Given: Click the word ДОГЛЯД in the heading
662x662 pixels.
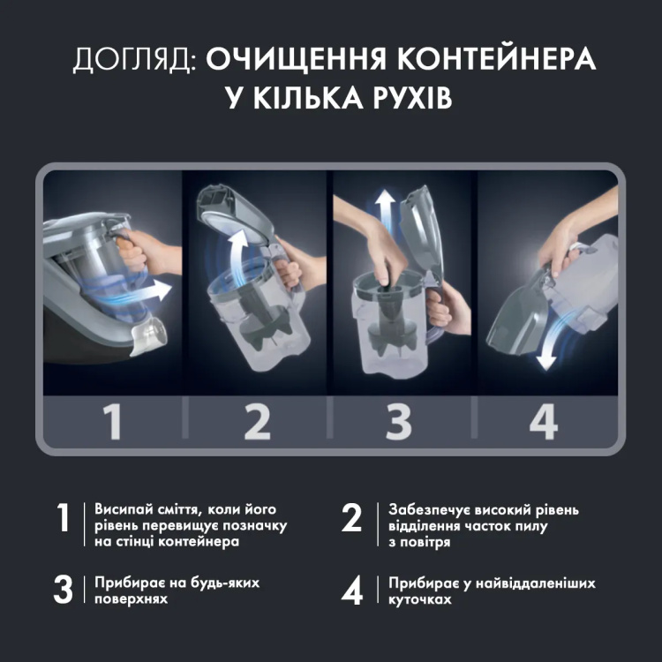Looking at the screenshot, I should tap(132, 60).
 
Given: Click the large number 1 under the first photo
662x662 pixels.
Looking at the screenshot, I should tap(112, 419).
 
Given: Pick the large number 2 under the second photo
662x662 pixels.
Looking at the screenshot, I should tap(257, 419).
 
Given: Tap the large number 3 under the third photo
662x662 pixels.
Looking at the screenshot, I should tap(400, 419).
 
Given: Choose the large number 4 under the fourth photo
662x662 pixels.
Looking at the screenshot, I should tap(543, 419).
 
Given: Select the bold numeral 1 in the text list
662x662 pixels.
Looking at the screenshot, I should tap(63, 520).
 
